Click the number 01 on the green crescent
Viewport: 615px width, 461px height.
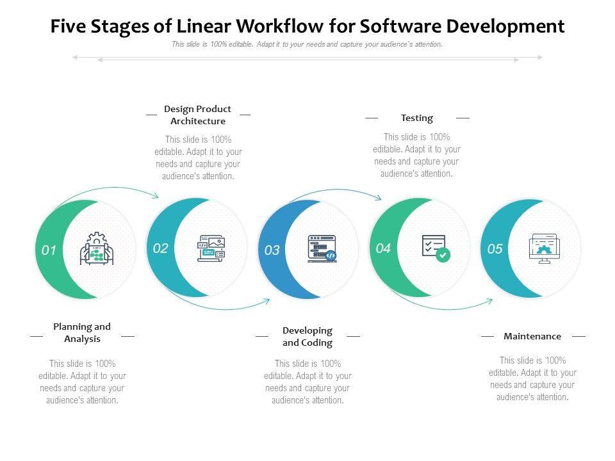(49, 250)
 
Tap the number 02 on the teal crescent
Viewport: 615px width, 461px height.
(161, 248)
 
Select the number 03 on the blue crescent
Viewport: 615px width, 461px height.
(272, 250)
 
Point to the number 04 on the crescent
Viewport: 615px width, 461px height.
(383, 248)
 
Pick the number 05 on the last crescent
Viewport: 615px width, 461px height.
(495, 249)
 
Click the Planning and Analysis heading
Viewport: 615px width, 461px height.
(82, 333)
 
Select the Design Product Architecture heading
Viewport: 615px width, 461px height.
(197, 115)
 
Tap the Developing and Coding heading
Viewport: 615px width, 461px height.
(307, 336)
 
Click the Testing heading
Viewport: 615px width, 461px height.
(417, 118)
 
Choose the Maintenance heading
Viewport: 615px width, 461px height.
(532, 336)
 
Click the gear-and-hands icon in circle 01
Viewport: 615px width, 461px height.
(97, 249)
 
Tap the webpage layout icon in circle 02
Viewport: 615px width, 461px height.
(211, 248)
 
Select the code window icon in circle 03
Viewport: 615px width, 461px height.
(322, 248)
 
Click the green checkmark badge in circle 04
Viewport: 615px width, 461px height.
(443, 255)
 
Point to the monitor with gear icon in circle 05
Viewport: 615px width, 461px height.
(545, 250)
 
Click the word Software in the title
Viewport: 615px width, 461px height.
(400, 26)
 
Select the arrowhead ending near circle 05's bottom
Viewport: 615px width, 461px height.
(490, 300)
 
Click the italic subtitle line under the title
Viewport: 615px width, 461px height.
(307, 44)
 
